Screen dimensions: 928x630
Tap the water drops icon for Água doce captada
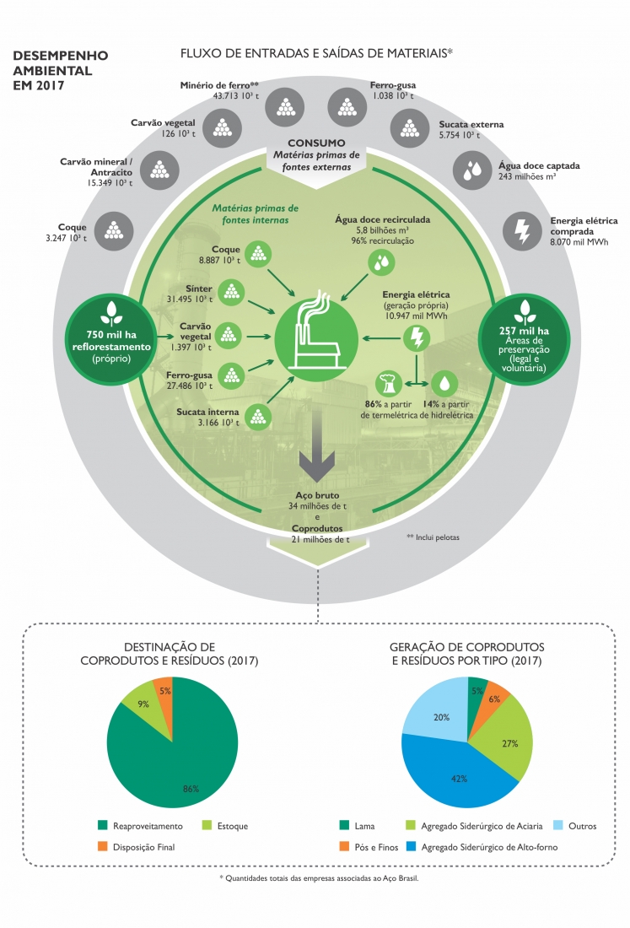472,170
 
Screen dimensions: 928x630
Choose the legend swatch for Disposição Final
103,846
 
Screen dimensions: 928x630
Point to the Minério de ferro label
218,85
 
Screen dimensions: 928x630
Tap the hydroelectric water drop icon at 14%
445,382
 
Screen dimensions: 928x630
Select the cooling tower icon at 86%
389,382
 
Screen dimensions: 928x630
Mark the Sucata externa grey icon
409,129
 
